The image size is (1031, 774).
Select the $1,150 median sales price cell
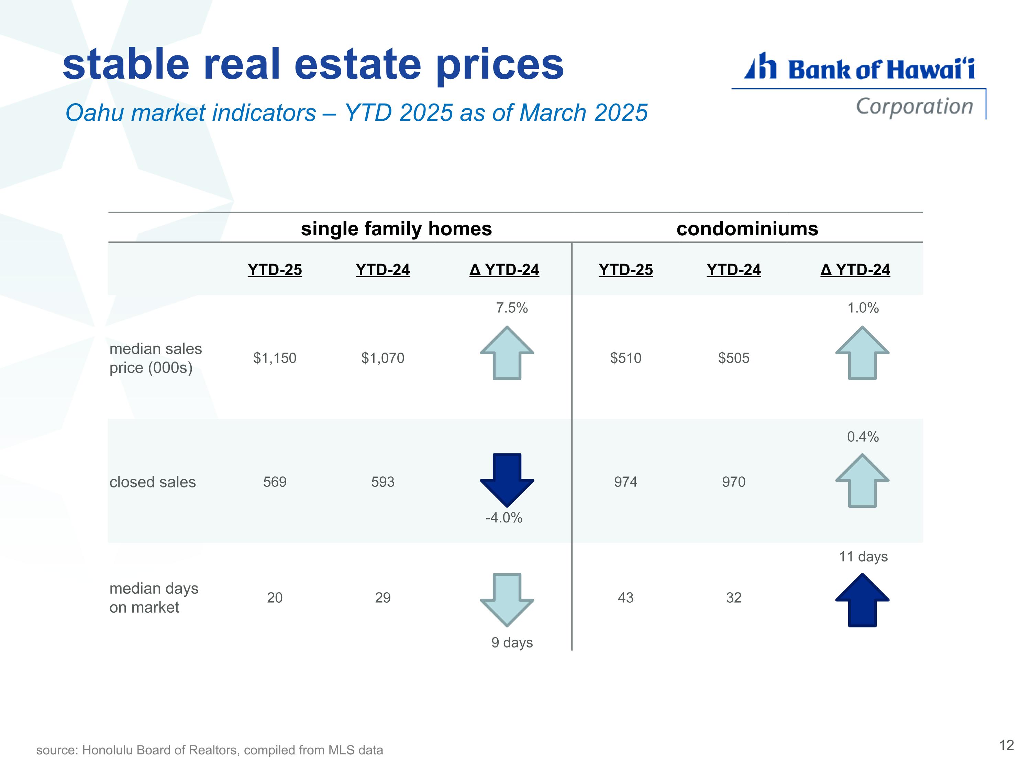275,358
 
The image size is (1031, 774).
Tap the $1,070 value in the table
383,358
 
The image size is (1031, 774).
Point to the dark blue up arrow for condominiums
862,600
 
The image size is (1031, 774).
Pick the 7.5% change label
512,308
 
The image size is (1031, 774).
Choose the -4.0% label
504,518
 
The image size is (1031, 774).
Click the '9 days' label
512,643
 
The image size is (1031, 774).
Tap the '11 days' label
863,557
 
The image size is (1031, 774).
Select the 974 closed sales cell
625,482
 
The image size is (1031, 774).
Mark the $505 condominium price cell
734,358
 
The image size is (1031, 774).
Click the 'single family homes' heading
396,229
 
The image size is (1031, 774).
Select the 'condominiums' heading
747,229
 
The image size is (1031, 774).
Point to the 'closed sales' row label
152,482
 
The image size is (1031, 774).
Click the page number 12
1007,745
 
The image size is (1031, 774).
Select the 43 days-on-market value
625,598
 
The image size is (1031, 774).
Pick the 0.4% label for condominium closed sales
863,437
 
